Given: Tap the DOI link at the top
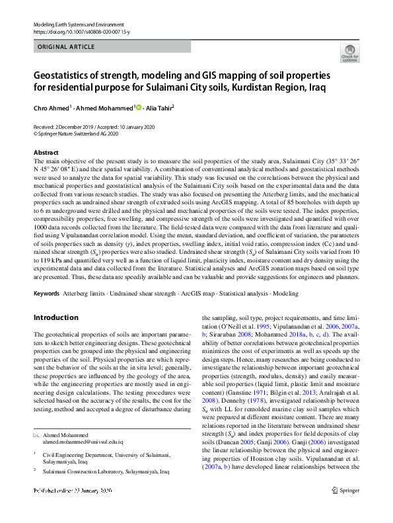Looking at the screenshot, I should [x=73, y=31].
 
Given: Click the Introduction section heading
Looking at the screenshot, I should [x=56, y=317].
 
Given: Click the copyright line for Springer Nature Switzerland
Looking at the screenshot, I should [x=76, y=133].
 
